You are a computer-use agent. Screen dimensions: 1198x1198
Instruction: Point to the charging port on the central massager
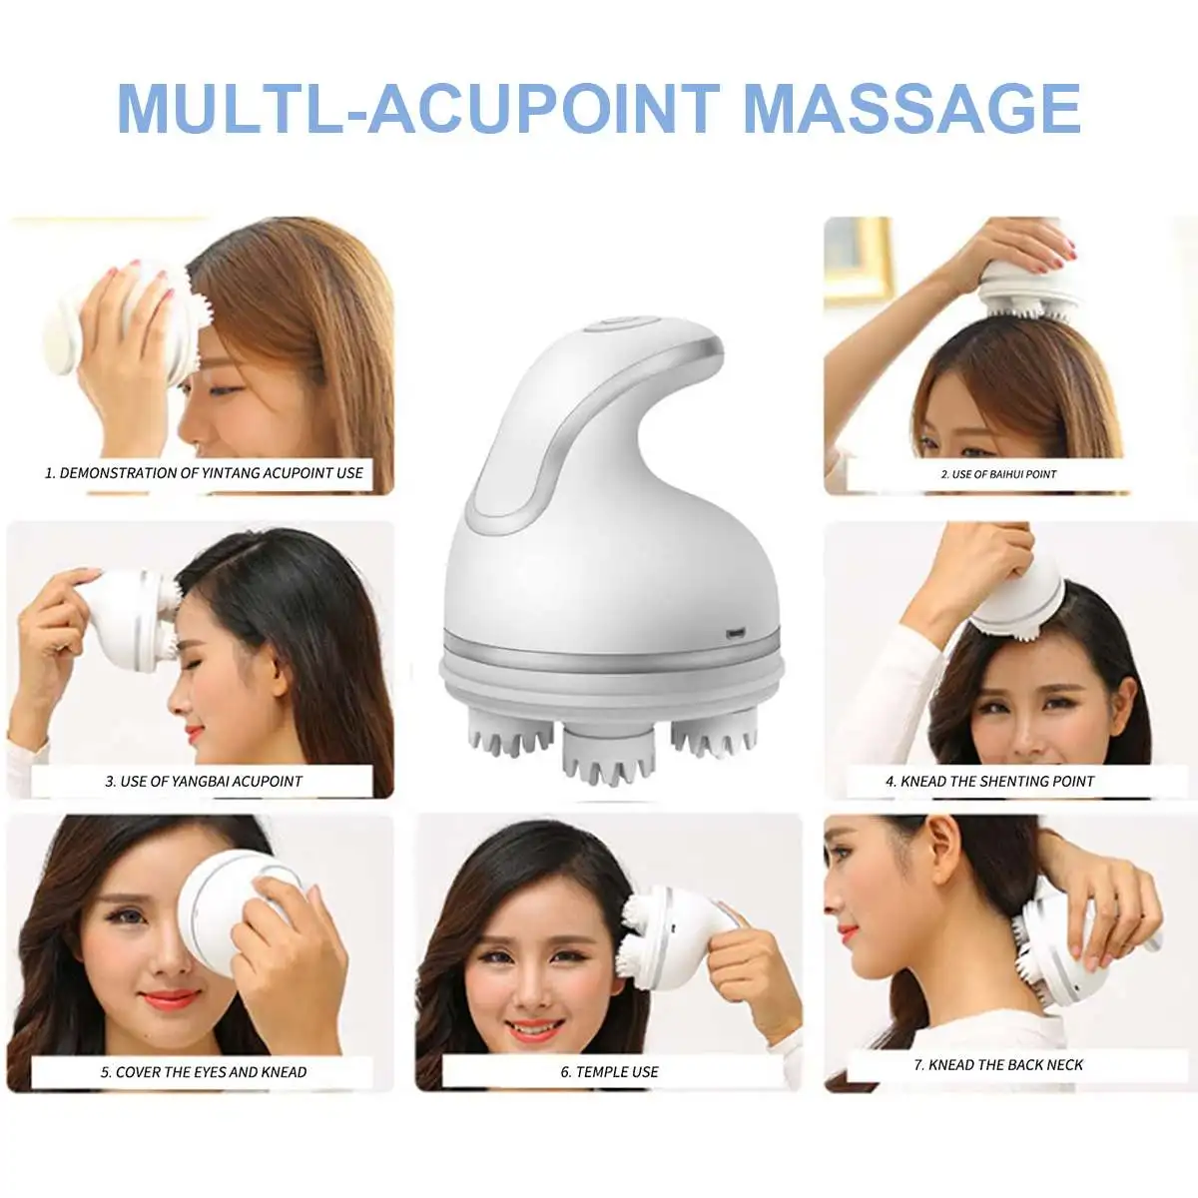click(x=736, y=634)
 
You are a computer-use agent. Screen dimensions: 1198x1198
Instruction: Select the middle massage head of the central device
click(x=609, y=754)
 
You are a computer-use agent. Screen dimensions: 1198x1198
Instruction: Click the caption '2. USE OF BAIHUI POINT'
click(x=998, y=474)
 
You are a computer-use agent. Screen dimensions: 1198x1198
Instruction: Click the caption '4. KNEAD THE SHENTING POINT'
click(x=989, y=781)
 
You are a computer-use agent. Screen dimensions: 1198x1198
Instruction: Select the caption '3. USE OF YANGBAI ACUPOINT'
click(x=204, y=781)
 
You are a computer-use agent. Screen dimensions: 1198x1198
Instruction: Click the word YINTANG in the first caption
click(x=230, y=473)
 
